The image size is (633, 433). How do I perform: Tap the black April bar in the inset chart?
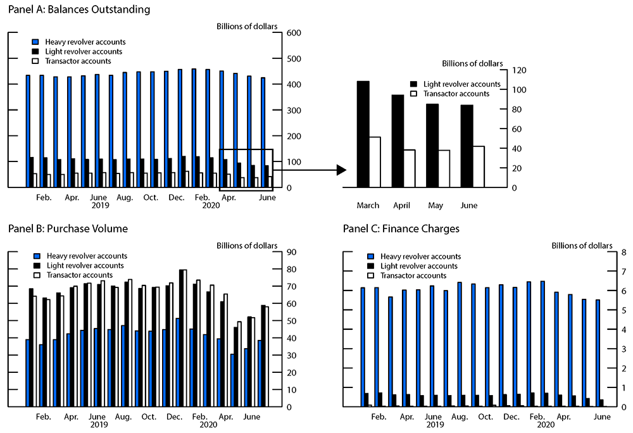pos(398,141)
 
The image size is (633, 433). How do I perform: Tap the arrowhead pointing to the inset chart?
pos(341,170)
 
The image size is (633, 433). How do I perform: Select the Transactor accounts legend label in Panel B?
pos(78,275)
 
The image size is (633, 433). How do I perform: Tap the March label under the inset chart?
pos(368,206)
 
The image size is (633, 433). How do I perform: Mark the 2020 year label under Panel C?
pos(545,425)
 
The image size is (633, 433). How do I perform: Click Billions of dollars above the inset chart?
pos(472,63)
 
